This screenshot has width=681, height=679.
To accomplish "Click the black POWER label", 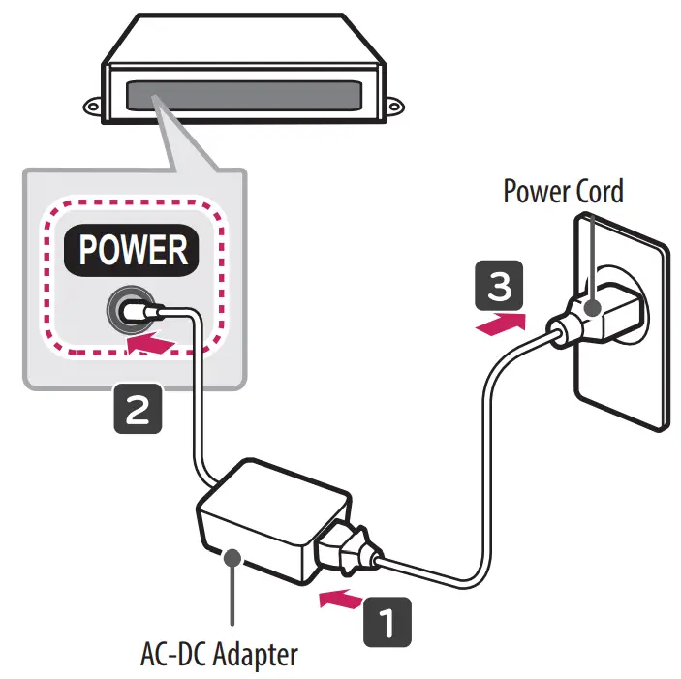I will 133,250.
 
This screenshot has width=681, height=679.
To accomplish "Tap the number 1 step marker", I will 387,620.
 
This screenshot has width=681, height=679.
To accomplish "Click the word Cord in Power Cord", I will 594,191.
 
